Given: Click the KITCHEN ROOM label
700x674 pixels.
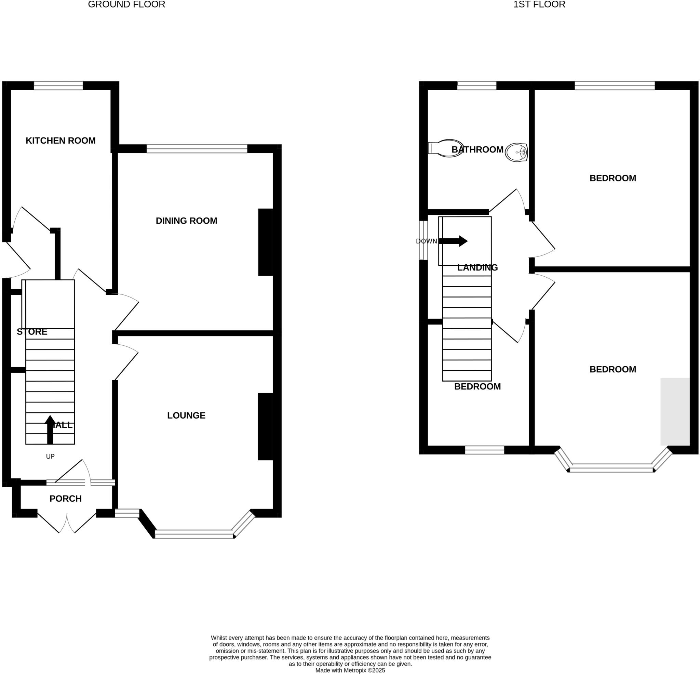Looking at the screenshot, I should coord(60,141).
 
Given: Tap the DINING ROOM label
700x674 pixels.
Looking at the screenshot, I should coord(186,221).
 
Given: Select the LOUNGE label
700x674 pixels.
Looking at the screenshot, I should coord(186,415).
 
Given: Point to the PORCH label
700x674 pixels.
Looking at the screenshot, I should coord(65,499).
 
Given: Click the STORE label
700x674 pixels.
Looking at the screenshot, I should coord(32,332).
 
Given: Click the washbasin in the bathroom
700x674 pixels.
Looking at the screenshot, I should coord(517,153).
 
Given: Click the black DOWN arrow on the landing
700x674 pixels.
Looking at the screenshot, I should coord(454,241).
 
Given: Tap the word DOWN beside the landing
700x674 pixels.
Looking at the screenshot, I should coord(426,241).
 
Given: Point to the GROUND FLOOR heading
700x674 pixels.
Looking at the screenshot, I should coord(126,5).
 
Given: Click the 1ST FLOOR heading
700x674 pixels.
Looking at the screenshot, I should coord(539,5).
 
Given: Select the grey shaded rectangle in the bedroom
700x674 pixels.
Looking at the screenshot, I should coord(675,411).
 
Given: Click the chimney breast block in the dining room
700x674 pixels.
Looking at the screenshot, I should coord(265,242).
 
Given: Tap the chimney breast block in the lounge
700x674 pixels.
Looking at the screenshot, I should coord(265,426).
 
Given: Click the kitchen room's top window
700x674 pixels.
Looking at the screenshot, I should coord(58,86).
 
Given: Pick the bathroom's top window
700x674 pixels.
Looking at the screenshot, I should coord(476,86).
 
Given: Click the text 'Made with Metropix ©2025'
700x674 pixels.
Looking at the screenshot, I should coord(350,671).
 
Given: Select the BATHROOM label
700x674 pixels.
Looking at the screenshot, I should coord(477,149).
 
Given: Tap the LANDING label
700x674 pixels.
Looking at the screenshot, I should coord(477,267).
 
